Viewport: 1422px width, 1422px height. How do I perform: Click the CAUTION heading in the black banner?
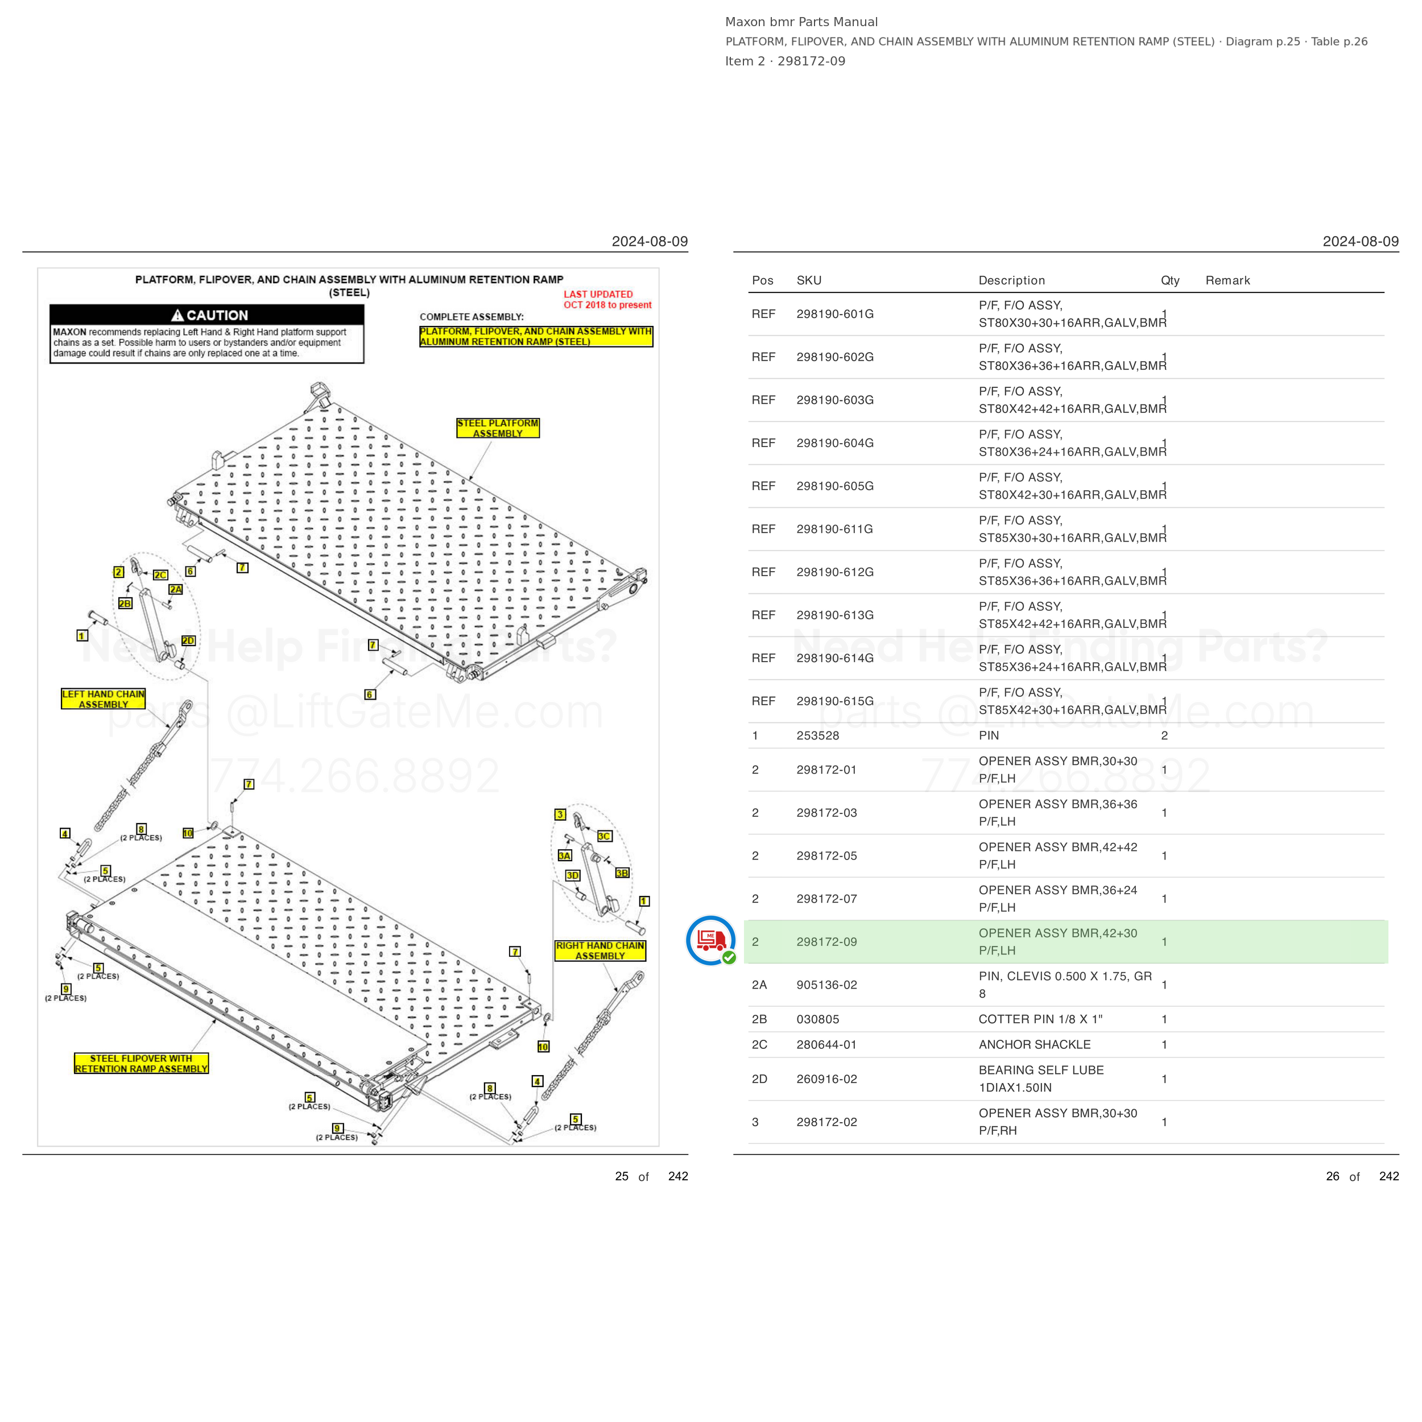(x=210, y=315)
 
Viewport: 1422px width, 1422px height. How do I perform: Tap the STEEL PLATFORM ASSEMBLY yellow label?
(x=498, y=428)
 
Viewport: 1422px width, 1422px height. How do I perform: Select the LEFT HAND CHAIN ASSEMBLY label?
(x=103, y=699)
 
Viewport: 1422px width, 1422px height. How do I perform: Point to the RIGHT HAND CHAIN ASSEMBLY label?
(x=600, y=951)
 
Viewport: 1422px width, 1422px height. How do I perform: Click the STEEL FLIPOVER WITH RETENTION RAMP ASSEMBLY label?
(x=141, y=1064)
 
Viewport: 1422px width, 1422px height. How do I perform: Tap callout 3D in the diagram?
(x=573, y=875)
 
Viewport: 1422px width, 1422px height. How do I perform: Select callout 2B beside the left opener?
(x=125, y=603)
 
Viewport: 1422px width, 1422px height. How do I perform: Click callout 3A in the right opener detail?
(x=564, y=855)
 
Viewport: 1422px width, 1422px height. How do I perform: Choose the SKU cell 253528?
(x=818, y=735)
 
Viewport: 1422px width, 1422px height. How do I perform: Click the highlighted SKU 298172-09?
(x=826, y=942)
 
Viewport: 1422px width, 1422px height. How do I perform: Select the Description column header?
(x=1011, y=280)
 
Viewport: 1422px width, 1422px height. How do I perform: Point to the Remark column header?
(x=1227, y=280)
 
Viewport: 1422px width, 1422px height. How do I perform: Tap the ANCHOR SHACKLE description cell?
(x=1034, y=1044)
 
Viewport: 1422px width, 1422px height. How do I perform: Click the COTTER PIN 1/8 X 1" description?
(x=1040, y=1019)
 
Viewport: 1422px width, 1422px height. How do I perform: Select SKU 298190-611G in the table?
(x=834, y=529)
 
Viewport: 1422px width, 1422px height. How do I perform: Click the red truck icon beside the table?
(x=710, y=940)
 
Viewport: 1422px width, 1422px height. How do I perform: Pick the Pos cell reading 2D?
(x=759, y=1079)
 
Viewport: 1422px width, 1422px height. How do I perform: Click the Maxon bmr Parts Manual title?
(x=801, y=22)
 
